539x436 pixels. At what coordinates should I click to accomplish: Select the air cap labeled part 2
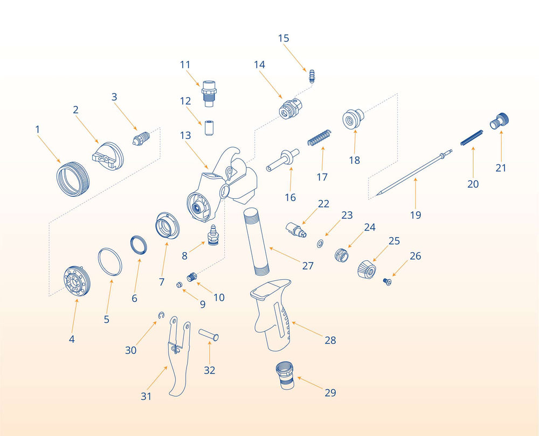[x=108, y=154]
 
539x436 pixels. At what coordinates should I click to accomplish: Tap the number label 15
[x=284, y=38]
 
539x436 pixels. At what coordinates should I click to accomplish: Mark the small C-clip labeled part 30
[x=161, y=315]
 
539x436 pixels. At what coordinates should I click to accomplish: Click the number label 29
[x=330, y=392]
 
